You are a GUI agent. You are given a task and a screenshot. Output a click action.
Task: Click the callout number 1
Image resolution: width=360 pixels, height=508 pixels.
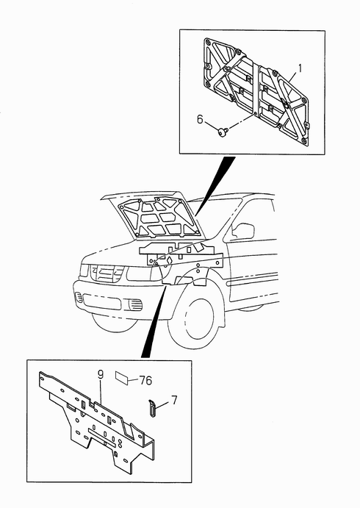(x=300, y=68)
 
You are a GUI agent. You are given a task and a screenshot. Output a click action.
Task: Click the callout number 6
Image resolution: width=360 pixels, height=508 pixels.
(x=200, y=119)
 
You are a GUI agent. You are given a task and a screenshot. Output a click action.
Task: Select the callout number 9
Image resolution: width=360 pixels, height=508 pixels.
(x=101, y=375)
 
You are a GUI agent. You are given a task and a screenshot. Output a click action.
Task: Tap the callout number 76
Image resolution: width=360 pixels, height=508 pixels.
(x=145, y=380)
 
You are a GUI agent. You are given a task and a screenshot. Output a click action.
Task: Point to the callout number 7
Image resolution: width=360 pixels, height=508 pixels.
(x=175, y=400)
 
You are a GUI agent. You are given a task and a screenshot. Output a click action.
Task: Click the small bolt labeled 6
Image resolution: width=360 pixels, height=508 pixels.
(x=223, y=132)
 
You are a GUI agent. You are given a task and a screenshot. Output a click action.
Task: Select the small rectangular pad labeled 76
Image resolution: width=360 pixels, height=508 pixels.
(x=122, y=377)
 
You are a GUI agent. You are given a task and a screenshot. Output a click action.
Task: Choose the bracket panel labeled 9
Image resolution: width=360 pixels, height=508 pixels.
(x=97, y=421)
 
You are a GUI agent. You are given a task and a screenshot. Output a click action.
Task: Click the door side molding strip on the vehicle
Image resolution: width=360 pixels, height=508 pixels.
(x=253, y=279)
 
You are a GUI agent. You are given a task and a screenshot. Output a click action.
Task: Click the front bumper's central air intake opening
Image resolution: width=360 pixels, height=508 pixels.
(x=102, y=301)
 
